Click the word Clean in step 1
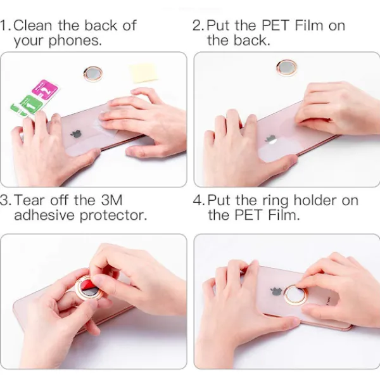click(33, 25)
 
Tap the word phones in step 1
click(75, 41)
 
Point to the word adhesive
click(44, 215)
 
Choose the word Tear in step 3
click(30, 200)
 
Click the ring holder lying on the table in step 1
click(93, 73)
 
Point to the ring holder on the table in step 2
click(287, 67)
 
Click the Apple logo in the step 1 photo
click(77, 133)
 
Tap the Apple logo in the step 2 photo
click(271, 139)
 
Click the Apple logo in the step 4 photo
click(277, 291)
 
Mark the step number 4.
click(198, 200)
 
